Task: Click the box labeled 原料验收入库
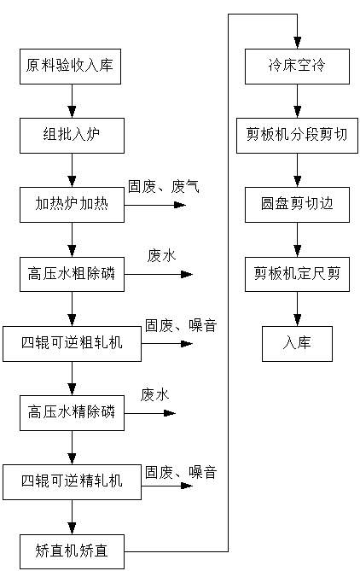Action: tap(70, 67)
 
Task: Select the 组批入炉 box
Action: tap(72, 136)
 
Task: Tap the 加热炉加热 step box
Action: tap(72, 205)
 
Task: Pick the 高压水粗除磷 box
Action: tap(72, 274)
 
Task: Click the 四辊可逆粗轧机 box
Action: tap(72, 344)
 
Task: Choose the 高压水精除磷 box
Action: tap(72, 413)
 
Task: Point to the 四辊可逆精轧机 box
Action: tap(72, 482)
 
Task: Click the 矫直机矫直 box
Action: tap(72, 551)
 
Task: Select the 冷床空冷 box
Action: tap(297, 67)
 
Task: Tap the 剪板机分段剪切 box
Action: tap(297, 136)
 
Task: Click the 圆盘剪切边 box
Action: tap(297, 205)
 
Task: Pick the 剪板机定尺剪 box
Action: tap(297, 274)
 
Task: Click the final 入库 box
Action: tap(297, 344)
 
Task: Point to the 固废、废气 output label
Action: tap(164, 187)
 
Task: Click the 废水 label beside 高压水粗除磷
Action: tap(161, 256)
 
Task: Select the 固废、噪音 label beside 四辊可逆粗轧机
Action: tap(181, 325)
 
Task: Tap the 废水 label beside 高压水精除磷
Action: tap(155, 394)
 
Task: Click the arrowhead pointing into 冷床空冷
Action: tap(298, 43)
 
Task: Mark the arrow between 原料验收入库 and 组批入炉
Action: tap(72, 102)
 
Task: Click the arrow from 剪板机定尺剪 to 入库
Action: tap(298, 309)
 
